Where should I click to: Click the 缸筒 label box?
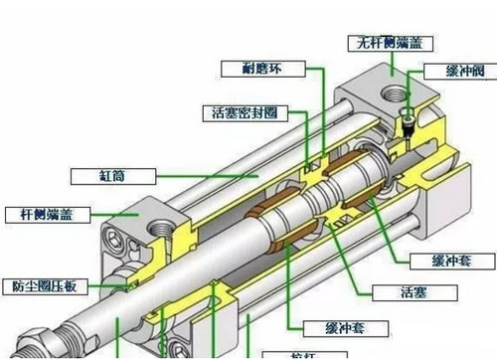tap(112, 175)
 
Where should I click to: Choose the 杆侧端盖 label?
tap(47, 214)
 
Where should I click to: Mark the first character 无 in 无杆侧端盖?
tap(359, 43)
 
